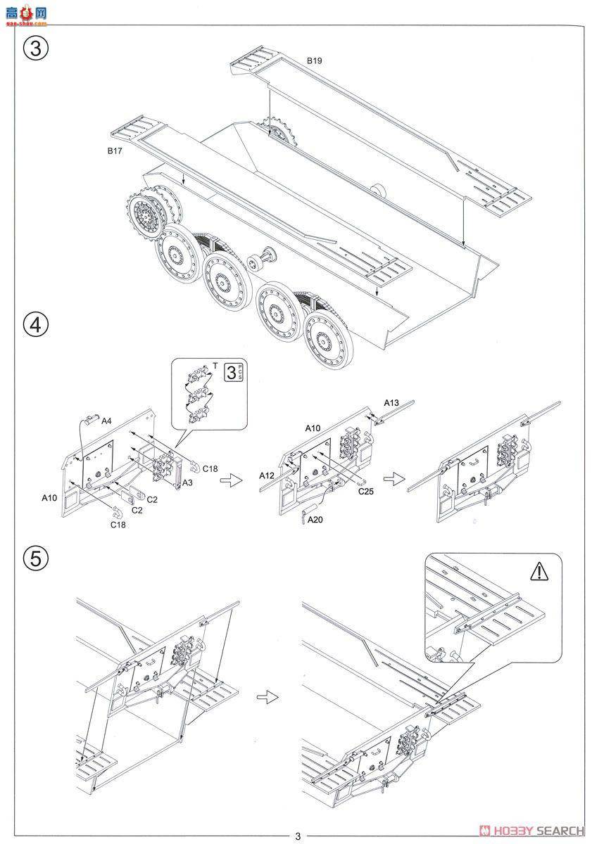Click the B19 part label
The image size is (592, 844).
[x=314, y=62]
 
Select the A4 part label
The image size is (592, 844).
[x=106, y=421]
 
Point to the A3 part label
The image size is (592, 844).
[x=187, y=483]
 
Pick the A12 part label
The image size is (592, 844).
[x=266, y=475]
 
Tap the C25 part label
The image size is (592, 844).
[x=365, y=492]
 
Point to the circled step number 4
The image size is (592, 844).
[x=37, y=324]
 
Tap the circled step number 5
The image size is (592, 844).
[x=37, y=560]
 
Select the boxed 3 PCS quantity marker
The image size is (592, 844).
[x=233, y=372]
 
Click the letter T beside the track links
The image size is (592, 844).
[x=215, y=365]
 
